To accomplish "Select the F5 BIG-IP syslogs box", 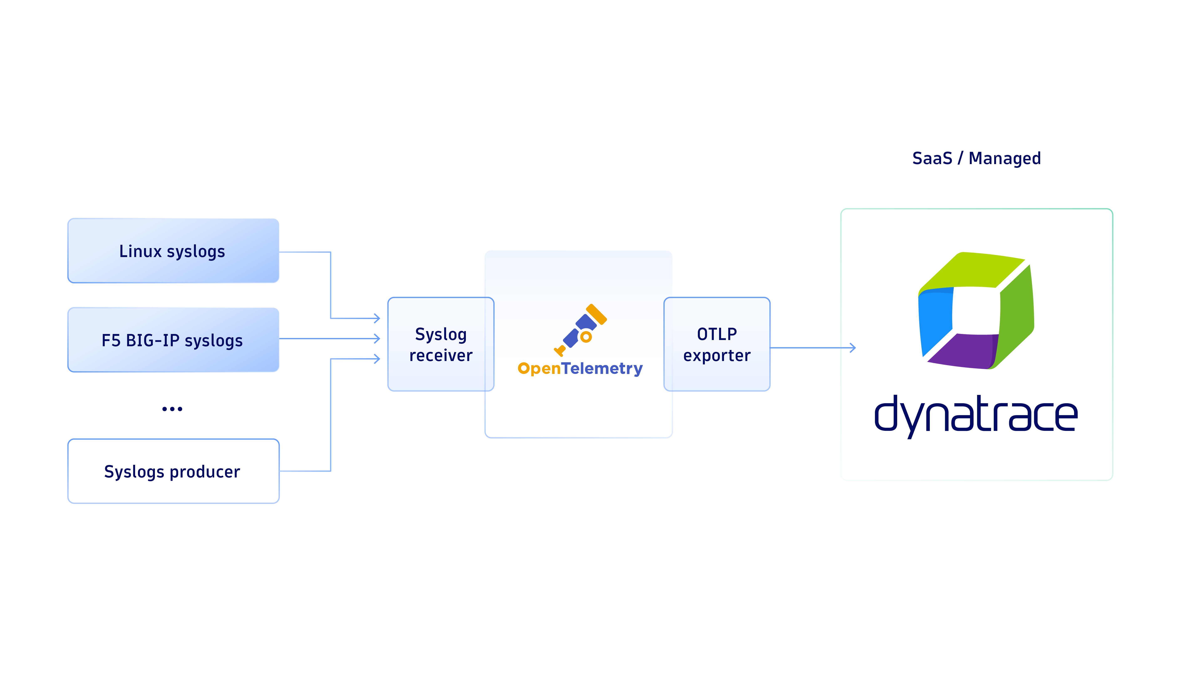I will coord(173,340).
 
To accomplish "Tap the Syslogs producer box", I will coord(173,471).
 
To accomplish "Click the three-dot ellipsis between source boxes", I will coord(172,409).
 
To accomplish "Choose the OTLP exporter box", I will coord(717,344).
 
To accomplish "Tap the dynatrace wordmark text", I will coord(976,415).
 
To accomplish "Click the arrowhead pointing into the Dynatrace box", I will coord(852,348).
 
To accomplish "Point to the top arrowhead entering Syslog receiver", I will coord(377,318).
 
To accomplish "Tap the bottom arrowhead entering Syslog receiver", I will coord(377,359).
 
